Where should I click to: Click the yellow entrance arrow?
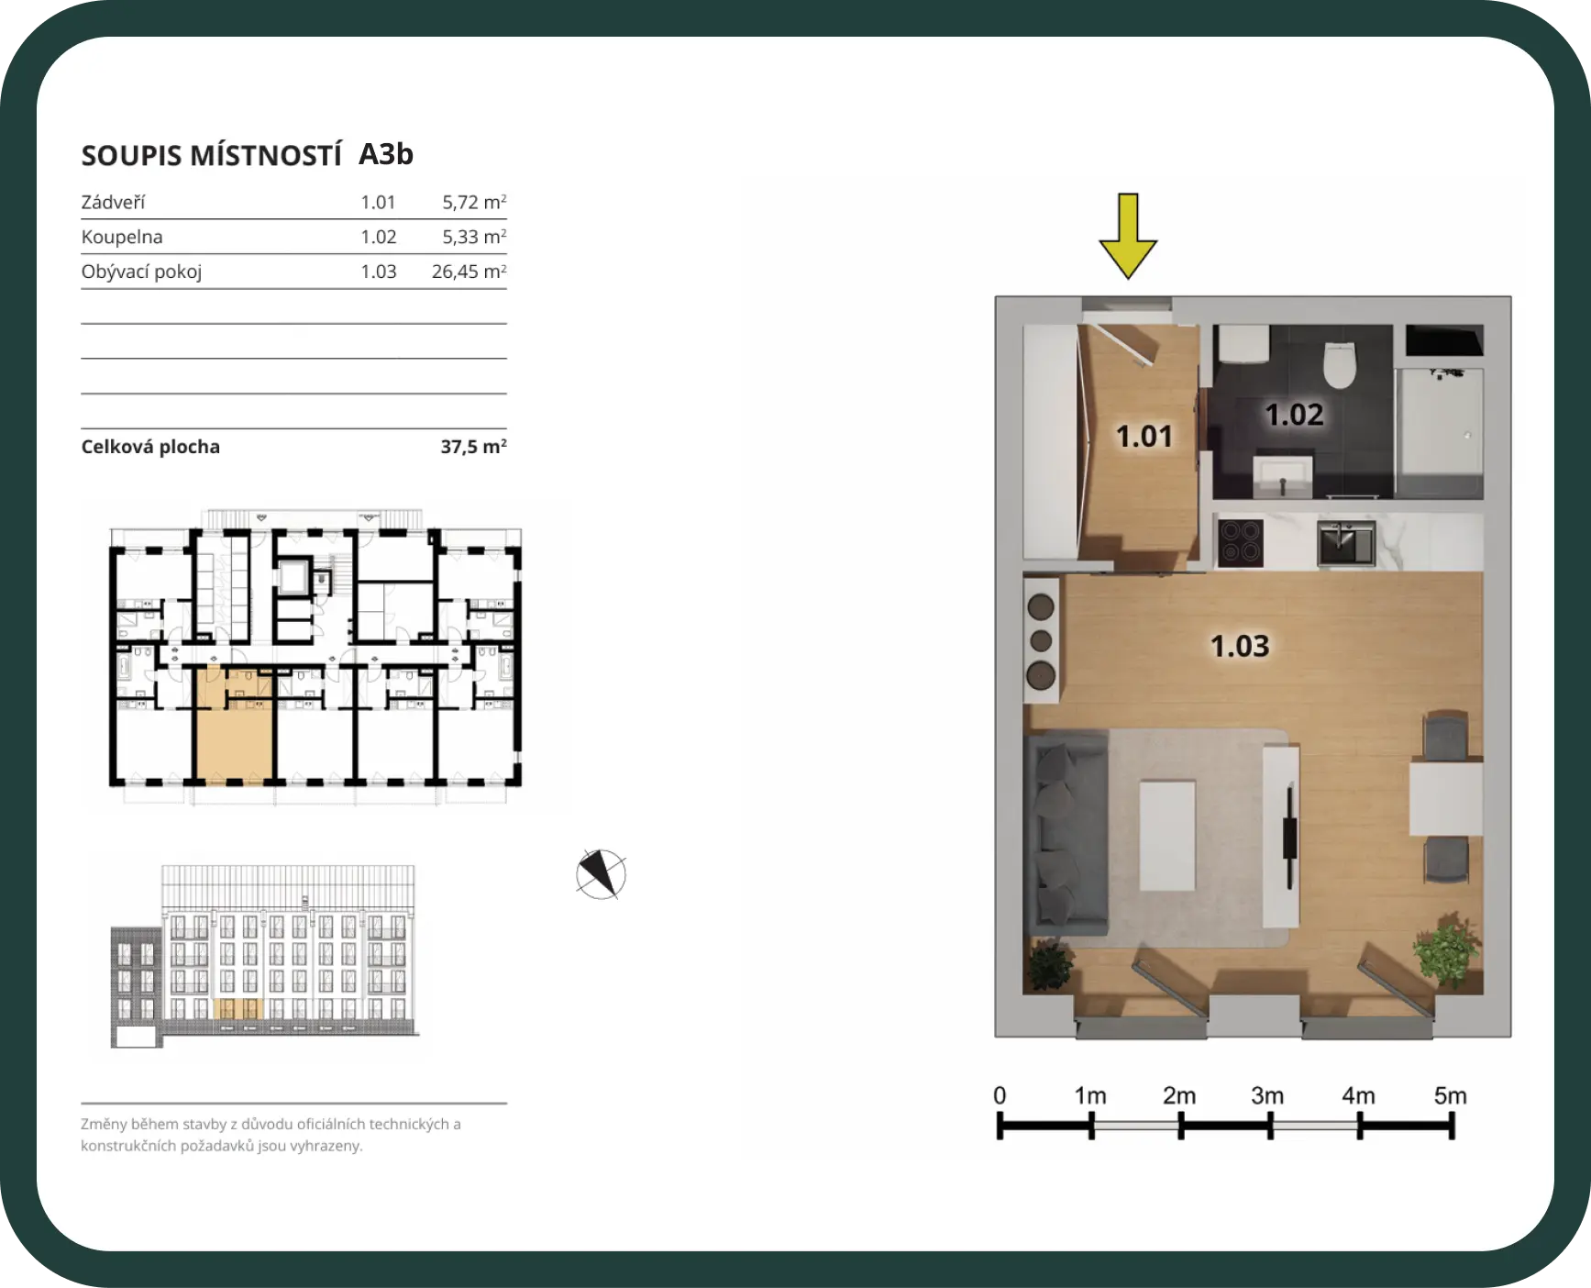pyautogui.click(x=1128, y=236)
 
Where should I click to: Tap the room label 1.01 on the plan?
pyautogui.click(x=1144, y=436)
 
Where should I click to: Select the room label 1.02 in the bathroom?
pyautogui.click(x=1294, y=415)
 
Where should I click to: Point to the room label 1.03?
pyautogui.click(x=1240, y=646)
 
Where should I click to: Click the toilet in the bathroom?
pyautogui.click(x=1340, y=364)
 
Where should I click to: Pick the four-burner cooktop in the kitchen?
pyautogui.click(x=1240, y=542)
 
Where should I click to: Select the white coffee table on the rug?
pyautogui.click(x=1167, y=835)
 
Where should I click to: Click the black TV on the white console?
pyautogui.click(x=1289, y=836)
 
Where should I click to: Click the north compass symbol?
pyautogui.click(x=601, y=874)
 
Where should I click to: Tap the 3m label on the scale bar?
pyautogui.click(x=1267, y=1095)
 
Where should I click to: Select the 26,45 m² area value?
pyautogui.click(x=469, y=272)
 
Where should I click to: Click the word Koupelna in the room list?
pyautogui.click(x=122, y=237)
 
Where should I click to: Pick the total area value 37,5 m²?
pyautogui.click(x=473, y=447)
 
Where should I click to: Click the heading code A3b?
pyautogui.click(x=386, y=154)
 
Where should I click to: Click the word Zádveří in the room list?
pyautogui.click(x=113, y=202)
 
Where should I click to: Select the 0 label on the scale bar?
pyautogui.click(x=1000, y=1095)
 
